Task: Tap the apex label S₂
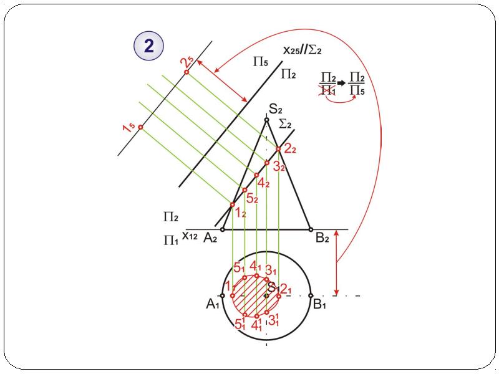tap(276, 110)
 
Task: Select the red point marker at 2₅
tap(187, 72)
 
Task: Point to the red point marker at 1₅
tap(140, 127)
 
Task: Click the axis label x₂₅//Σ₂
tap(302, 50)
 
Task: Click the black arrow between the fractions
tap(341, 83)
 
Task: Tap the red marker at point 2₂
tap(278, 149)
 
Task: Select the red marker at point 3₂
tap(267, 163)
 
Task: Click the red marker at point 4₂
tap(256, 175)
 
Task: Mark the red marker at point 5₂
tap(245, 190)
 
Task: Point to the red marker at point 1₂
tap(233, 204)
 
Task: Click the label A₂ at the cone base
tap(210, 237)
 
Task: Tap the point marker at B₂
tap(311, 229)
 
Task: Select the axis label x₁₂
tap(190, 236)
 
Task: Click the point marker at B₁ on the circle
tap(311, 295)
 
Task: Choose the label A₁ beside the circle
tap(213, 304)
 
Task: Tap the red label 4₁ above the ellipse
tap(255, 266)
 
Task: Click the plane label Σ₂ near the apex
tap(285, 123)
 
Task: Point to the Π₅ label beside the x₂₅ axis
tap(261, 61)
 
